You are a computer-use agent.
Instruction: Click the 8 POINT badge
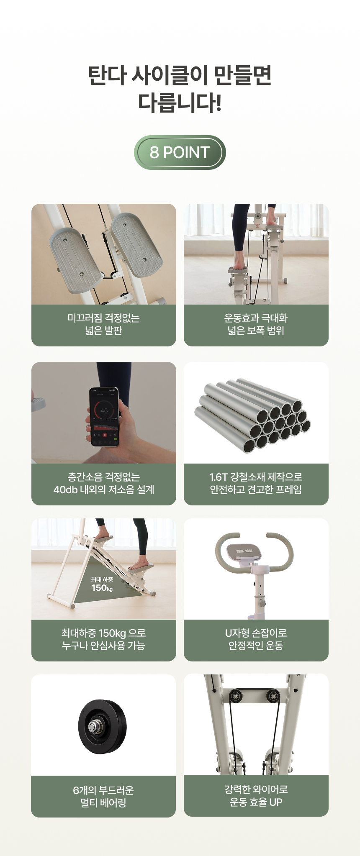click(180, 152)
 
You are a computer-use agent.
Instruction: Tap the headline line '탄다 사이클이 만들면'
click(180, 75)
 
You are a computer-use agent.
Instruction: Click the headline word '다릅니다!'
click(180, 103)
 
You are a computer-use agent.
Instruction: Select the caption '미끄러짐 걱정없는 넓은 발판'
click(104, 324)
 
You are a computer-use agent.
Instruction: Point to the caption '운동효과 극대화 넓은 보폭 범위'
click(256, 324)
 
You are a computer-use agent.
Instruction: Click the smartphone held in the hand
click(105, 417)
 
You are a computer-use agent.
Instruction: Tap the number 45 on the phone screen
click(104, 410)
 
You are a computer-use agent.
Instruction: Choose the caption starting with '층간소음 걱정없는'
click(104, 483)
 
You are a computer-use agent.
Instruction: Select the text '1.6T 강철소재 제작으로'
click(256, 477)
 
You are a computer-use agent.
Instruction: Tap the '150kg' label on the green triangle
click(102, 588)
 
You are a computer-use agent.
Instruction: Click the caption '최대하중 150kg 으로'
click(104, 633)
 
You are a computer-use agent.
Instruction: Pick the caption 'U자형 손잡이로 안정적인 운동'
click(256, 639)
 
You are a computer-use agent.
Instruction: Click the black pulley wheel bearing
click(103, 727)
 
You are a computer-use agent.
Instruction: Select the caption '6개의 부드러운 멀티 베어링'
click(103, 797)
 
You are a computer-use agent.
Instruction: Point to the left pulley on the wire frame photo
click(237, 696)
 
